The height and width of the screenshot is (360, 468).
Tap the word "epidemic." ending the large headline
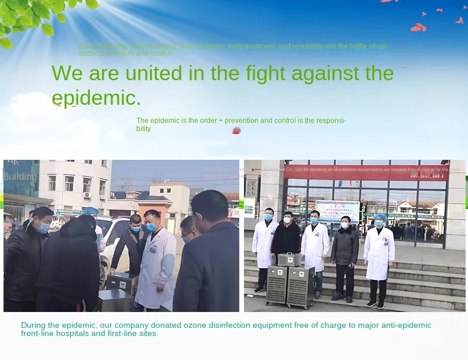click(97, 97)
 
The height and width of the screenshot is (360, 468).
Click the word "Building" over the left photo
click(20, 176)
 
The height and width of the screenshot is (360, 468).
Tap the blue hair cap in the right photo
click(380, 217)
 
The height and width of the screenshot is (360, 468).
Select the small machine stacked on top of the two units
click(289, 259)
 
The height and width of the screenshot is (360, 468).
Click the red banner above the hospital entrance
click(366, 174)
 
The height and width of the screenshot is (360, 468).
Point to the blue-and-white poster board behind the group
click(337, 211)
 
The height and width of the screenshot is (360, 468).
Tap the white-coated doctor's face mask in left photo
click(151, 227)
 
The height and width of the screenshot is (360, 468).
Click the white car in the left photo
click(111, 234)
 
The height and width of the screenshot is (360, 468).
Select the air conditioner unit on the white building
click(87, 196)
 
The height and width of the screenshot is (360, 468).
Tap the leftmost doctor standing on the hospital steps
click(264, 246)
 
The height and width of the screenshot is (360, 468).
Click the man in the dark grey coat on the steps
click(344, 252)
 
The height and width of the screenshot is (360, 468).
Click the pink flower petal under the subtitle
click(236, 131)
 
